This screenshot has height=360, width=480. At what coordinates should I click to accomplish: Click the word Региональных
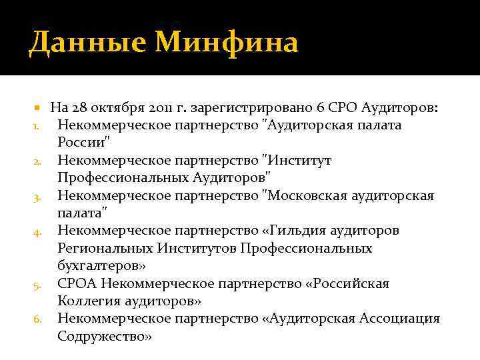pos(105,248)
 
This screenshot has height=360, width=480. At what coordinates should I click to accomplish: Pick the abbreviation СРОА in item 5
pos(77,283)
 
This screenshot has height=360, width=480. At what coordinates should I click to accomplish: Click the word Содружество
pos(103,336)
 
